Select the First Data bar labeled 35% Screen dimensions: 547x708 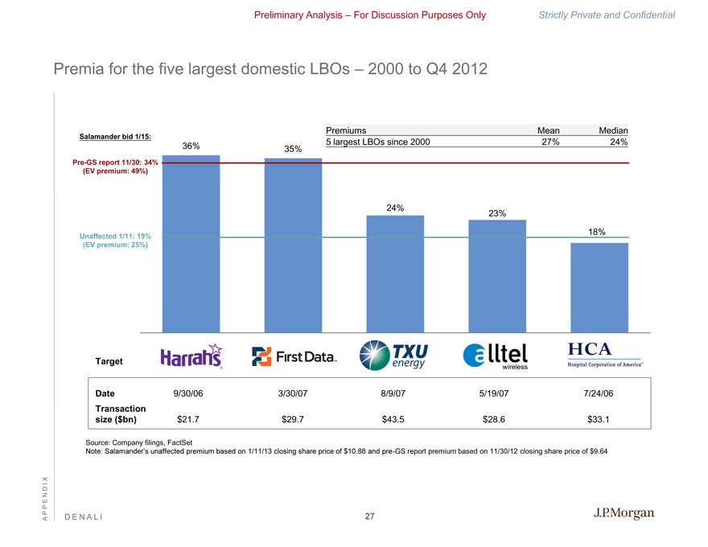pyautogui.click(x=293, y=245)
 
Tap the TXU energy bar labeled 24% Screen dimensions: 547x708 pyautogui.click(x=395, y=273)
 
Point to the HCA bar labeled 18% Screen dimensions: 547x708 pyautogui.click(x=599, y=287)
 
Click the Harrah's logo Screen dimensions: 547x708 pyautogui.click(x=191, y=357)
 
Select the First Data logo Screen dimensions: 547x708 pyautogui.click(x=294, y=356)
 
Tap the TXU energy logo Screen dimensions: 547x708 pyautogui.click(x=394, y=356)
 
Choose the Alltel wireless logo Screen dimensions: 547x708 pyautogui.click(x=496, y=356)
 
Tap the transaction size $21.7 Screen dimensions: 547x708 pyautogui.click(x=188, y=419)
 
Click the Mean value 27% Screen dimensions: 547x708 pyautogui.click(x=549, y=142)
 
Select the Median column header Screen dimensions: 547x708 pyautogui.click(x=613, y=130)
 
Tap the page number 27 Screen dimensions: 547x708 pyautogui.click(x=369, y=516)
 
